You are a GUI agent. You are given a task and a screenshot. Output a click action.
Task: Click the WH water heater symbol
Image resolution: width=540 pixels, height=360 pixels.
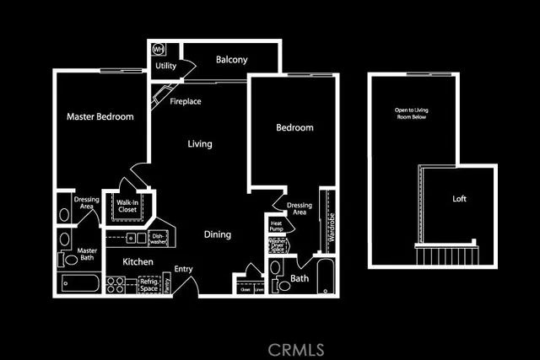[159, 49]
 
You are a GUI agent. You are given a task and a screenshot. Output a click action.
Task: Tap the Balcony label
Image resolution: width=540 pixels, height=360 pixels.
[231, 60]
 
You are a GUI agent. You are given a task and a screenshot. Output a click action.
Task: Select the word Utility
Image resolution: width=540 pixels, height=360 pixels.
[165, 66]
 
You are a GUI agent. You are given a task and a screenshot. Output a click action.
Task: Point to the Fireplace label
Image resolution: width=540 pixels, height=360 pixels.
[185, 102]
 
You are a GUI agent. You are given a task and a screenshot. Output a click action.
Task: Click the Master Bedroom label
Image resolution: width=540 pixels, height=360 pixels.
[100, 117]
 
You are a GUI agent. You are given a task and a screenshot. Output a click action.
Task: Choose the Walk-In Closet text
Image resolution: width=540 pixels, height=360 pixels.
[127, 206]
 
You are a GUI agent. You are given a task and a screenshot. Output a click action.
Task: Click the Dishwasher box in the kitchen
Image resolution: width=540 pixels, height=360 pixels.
[157, 239]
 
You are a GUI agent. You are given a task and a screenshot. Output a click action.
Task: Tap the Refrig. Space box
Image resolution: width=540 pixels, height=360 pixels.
[150, 285]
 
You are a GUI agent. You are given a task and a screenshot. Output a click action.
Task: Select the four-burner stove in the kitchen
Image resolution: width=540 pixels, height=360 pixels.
[116, 285]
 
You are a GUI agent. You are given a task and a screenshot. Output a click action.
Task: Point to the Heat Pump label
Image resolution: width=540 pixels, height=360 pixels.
[276, 226]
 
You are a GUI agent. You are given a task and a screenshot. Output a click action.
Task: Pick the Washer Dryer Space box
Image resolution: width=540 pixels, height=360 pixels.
[278, 245]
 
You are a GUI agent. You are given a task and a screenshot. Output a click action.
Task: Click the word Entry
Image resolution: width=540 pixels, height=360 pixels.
[184, 270]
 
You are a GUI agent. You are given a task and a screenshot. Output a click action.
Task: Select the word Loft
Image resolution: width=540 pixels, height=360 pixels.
[459, 199]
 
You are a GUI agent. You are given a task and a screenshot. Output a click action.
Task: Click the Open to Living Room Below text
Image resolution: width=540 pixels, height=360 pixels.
[412, 113]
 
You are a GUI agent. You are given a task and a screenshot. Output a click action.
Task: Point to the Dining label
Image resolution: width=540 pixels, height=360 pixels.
[218, 234]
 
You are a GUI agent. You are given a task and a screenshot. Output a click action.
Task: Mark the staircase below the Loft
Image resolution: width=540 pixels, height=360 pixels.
[447, 254]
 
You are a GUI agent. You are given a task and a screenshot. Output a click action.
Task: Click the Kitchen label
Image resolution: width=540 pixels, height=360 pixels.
[138, 262]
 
